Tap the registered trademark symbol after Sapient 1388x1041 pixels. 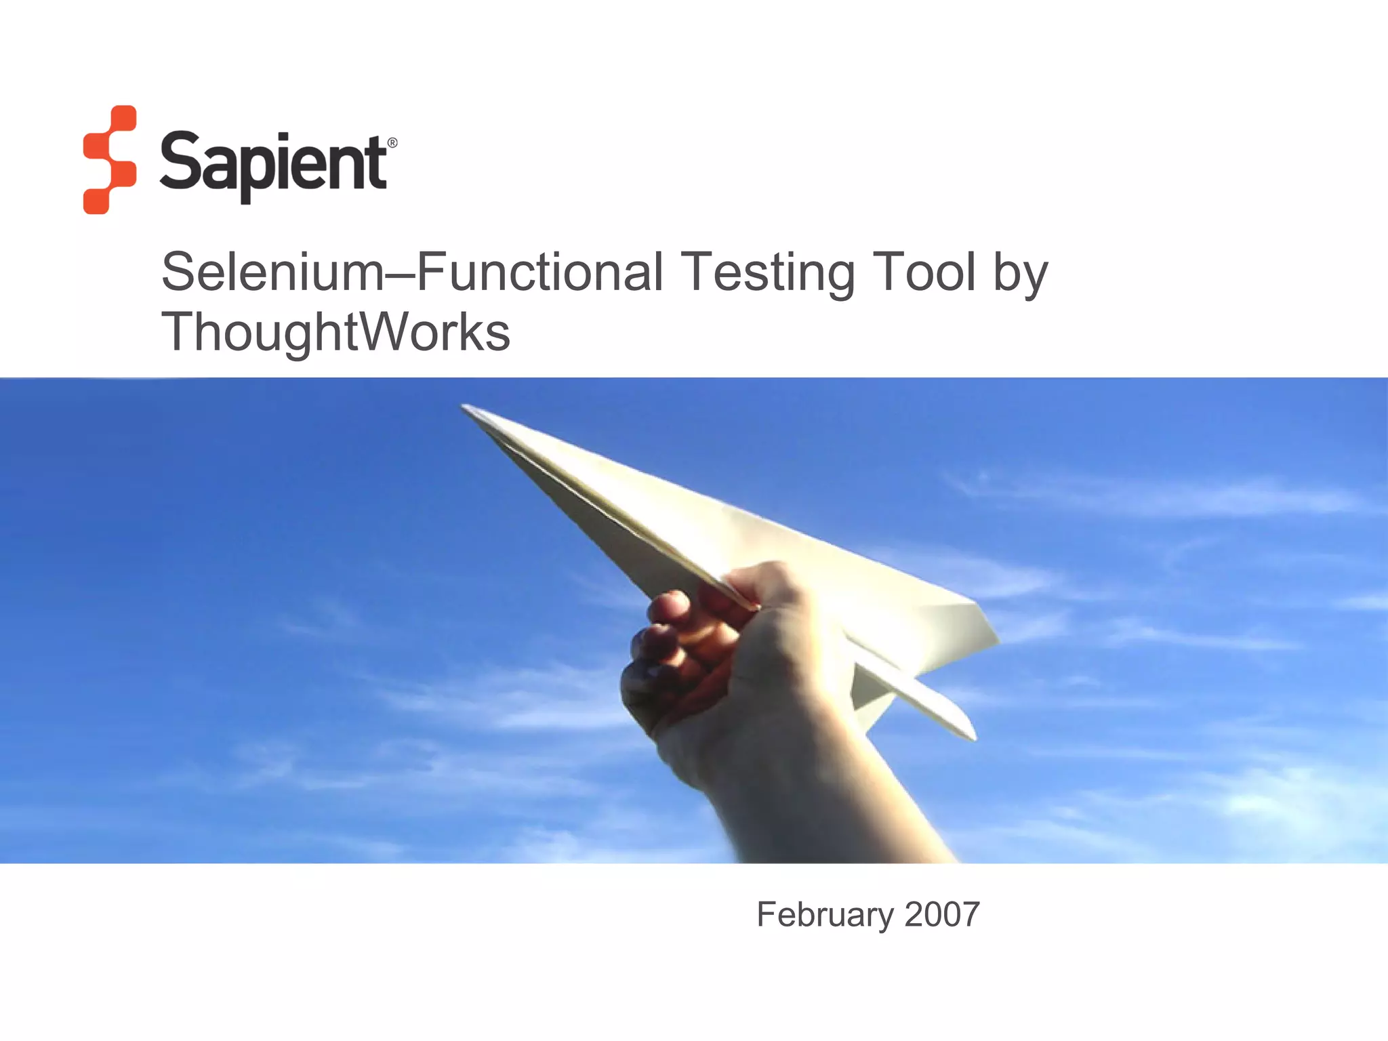pyautogui.click(x=392, y=143)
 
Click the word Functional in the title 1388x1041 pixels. pyautogui.click(x=539, y=272)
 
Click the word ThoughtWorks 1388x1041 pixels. pyautogui.click(x=335, y=332)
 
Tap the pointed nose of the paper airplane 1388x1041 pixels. pyautogui.click(x=466, y=408)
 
